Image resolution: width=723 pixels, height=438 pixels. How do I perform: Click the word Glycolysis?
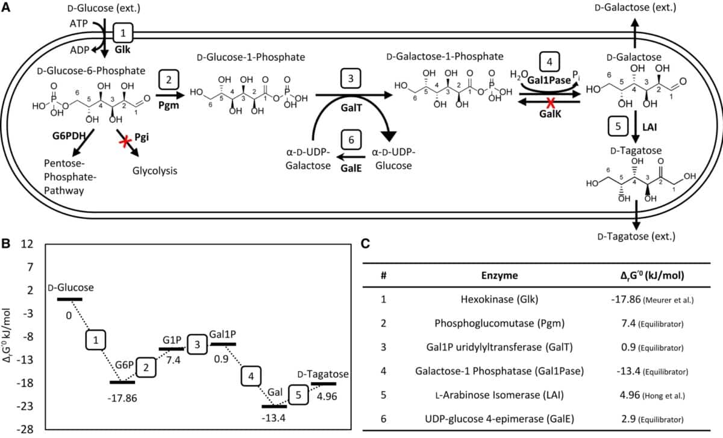tap(154, 171)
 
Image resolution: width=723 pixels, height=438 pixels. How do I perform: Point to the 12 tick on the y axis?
tap(25, 245)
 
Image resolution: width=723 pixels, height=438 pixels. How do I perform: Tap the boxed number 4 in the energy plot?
tap(252, 377)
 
